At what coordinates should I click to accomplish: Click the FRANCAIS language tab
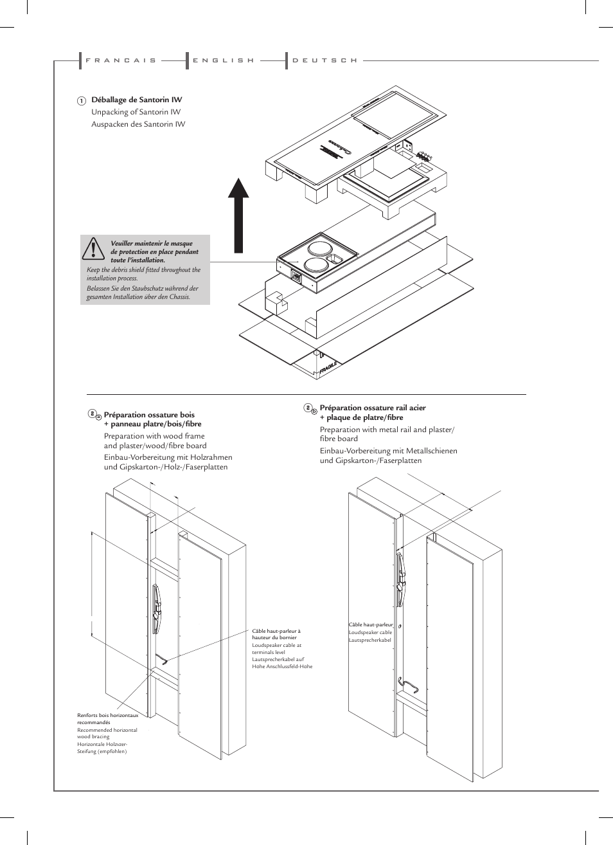coord(121,60)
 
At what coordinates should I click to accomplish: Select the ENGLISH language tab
coord(224,60)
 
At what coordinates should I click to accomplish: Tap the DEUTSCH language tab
coord(324,60)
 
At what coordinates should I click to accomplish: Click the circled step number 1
coord(82,101)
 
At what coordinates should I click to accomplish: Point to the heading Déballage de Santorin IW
coord(136,100)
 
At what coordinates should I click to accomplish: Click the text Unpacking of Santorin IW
coord(136,112)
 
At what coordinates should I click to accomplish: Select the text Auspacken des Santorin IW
coord(138,124)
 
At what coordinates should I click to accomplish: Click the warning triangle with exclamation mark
coord(94,248)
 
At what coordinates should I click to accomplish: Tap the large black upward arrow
coord(239,215)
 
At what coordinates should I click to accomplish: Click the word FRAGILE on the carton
coord(328,367)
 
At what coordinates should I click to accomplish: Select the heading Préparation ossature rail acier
coord(373,408)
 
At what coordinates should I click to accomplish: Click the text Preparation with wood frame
coord(154,436)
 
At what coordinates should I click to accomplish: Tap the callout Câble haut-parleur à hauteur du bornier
coord(276,634)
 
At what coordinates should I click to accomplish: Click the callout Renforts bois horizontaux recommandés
coord(107,718)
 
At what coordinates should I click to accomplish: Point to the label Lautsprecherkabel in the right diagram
coord(369,640)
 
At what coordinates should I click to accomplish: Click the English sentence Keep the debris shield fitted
coord(143,274)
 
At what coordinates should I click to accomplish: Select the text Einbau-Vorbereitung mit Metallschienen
coord(388,451)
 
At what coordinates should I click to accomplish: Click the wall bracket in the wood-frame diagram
coord(156,608)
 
